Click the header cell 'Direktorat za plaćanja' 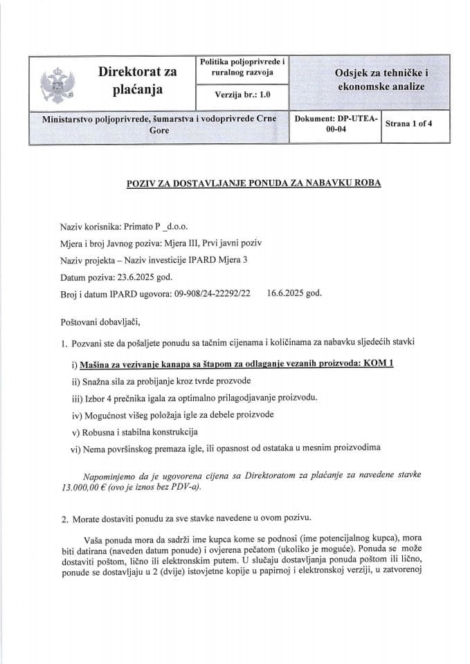[136, 81]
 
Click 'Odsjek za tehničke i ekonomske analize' [379, 81]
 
